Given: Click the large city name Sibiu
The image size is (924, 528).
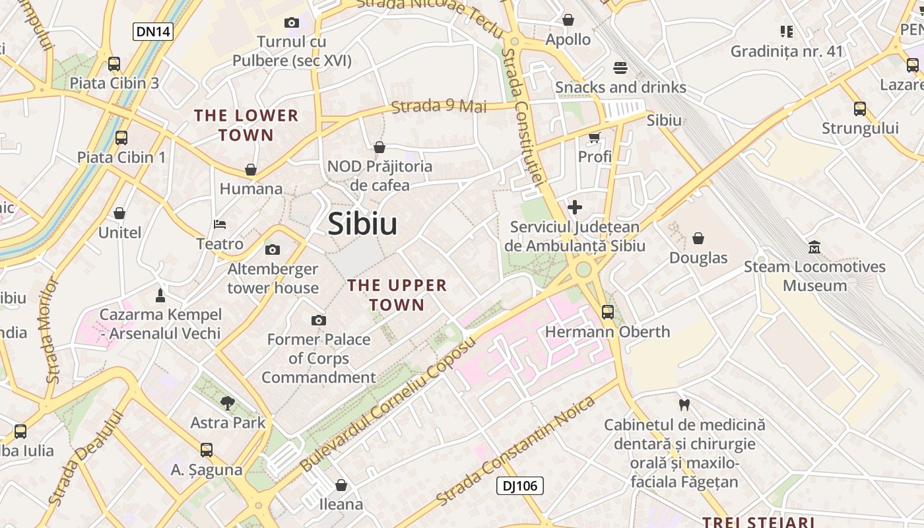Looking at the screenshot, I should (362, 224).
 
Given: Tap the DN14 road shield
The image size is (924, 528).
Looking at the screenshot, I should (153, 31).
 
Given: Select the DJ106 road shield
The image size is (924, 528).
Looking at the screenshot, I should (519, 486).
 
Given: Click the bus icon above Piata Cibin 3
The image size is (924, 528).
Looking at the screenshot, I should (114, 64).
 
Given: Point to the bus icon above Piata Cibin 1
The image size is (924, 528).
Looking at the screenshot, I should (121, 138).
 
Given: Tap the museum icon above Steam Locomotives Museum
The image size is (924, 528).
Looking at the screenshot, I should (814, 247).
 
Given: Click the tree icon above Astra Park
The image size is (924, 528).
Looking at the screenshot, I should (228, 403).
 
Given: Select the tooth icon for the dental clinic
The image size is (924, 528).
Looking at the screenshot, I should (684, 405).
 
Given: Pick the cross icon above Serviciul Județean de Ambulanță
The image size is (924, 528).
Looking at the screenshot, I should (575, 207).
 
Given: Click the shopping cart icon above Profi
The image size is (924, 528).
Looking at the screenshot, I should (595, 137).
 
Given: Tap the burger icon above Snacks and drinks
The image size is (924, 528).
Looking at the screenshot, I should (620, 67).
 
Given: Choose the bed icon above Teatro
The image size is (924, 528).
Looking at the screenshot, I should (220, 225).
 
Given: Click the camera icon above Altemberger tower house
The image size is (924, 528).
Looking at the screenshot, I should (272, 249).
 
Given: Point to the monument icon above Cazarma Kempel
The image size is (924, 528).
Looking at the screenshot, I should (160, 294).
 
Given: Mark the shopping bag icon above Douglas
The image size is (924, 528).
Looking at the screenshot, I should (698, 238).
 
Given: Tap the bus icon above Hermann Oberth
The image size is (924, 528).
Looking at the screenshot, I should (607, 312).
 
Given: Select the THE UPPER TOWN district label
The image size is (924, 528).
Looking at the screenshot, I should (397, 295).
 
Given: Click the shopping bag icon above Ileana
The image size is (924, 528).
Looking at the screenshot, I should (341, 485).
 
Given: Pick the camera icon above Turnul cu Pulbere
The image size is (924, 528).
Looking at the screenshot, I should (291, 22).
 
